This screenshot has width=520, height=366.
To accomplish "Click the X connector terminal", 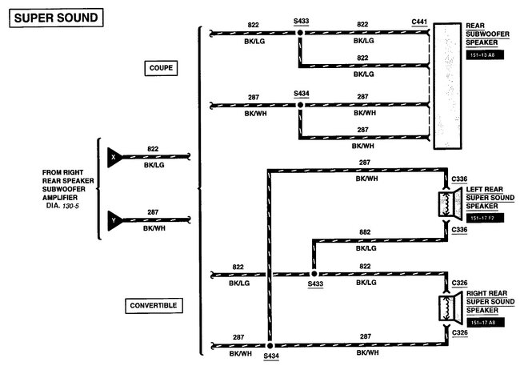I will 113,158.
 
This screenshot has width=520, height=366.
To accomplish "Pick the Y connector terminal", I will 113,217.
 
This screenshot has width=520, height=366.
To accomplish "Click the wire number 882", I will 364,232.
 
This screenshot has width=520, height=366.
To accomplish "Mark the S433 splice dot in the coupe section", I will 301,34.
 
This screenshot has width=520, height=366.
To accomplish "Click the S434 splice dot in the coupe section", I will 301,104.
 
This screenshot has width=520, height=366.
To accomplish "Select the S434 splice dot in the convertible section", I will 269,345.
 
